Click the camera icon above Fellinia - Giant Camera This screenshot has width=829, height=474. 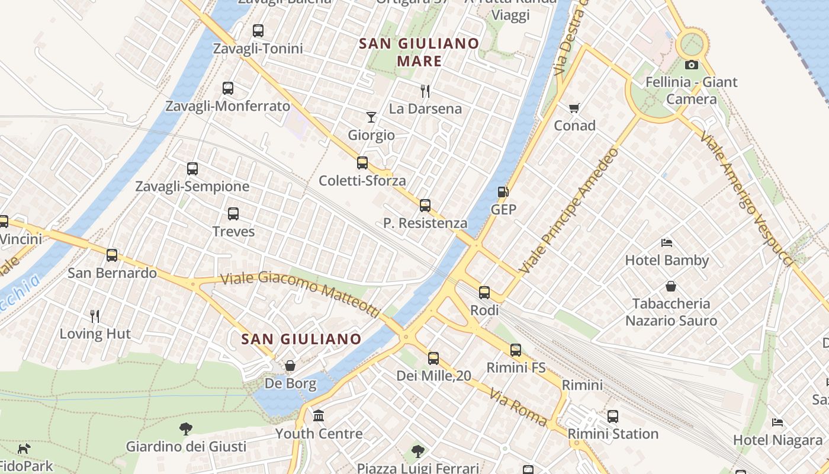point(691,65)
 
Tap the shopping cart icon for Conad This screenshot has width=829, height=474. point(574,108)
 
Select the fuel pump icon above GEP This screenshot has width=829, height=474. point(503,191)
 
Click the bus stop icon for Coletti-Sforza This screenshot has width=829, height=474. point(362,163)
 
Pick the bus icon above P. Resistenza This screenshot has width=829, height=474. point(425,206)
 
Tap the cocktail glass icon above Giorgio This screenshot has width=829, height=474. point(371,117)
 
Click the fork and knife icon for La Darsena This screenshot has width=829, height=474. point(425,91)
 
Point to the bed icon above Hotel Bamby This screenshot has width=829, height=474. point(667,242)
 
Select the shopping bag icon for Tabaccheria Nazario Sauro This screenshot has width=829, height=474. point(671,286)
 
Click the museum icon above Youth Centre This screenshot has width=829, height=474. point(319,415)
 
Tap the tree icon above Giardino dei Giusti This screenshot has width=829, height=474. point(186,428)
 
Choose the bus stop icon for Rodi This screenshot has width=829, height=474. point(484,292)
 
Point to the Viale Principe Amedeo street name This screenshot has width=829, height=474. point(569,210)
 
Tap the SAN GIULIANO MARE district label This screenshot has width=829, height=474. point(419,52)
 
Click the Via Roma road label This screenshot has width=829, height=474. point(515,407)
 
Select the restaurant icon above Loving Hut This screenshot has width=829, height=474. point(95,316)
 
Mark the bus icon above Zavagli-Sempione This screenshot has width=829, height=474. point(192,169)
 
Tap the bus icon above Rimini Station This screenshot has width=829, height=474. point(613,417)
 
